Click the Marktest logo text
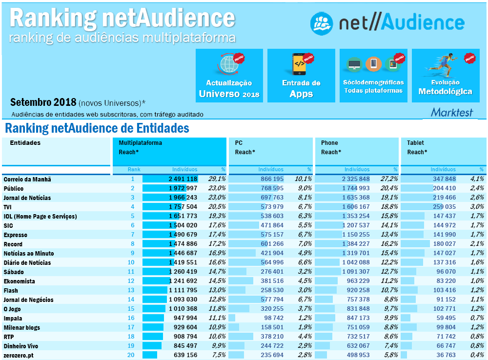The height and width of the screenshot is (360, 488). pyautogui.click(x=452, y=112)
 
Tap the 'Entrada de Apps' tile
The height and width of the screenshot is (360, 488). pyautogui.click(x=301, y=76)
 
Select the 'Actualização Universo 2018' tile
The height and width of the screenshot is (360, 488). pyautogui.click(x=229, y=76)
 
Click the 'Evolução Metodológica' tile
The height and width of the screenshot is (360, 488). pyautogui.click(x=445, y=76)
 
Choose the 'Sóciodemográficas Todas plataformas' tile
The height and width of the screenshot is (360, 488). pyautogui.click(x=373, y=76)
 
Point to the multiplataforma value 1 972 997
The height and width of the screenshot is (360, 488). pyautogui.click(x=183, y=188)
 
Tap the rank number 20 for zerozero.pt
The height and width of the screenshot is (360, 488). pyautogui.click(x=131, y=355)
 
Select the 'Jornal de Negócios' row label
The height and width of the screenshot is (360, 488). pyautogui.click(x=28, y=300)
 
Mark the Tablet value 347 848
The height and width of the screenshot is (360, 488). pyautogui.click(x=444, y=179)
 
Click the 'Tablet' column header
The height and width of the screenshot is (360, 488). pyautogui.click(x=416, y=143)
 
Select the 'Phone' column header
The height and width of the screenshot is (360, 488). pyautogui.click(x=329, y=143)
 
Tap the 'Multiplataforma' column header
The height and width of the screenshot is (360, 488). pyautogui.click(x=141, y=143)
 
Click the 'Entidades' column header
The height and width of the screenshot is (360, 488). pyautogui.click(x=25, y=143)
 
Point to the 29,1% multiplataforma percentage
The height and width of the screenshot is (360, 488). pyautogui.click(x=217, y=179)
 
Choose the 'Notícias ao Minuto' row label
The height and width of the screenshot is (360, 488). pyautogui.click(x=28, y=253)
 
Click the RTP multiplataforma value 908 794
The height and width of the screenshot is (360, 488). pyautogui.click(x=183, y=337)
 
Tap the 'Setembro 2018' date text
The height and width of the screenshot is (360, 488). pyautogui.click(x=43, y=102)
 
